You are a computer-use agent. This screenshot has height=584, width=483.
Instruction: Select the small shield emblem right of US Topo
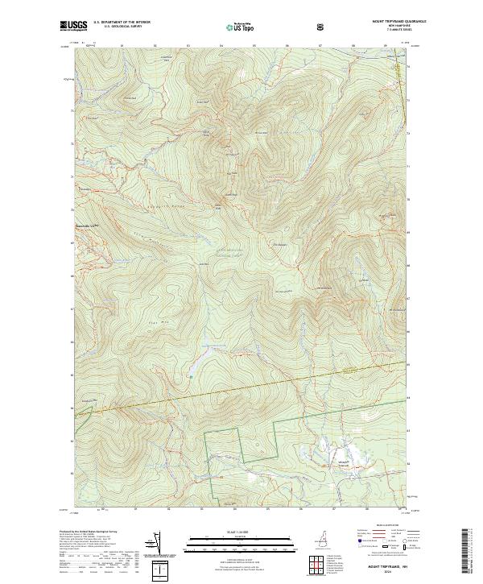pyautogui.click(x=323, y=27)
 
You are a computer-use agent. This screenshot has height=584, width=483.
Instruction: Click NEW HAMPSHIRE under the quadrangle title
pyautogui.click(x=397, y=27)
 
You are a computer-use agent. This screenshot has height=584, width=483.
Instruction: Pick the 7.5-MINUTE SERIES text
pyautogui.click(x=397, y=31)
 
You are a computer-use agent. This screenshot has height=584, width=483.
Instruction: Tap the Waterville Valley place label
pyautogui.click(x=86, y=226)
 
